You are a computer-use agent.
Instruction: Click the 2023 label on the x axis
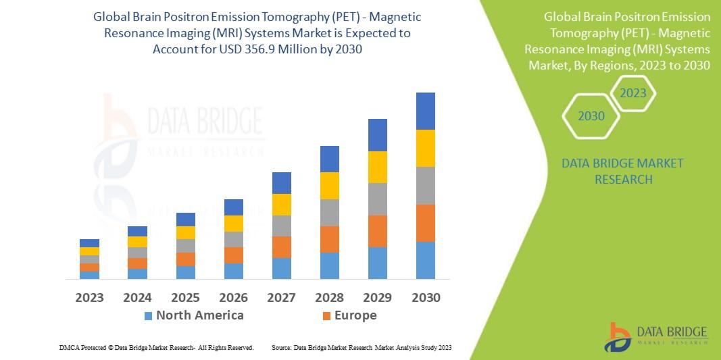pyautogui.click(x=89, y=297)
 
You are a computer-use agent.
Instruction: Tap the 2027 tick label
pyautogui.click(x=281, y=297)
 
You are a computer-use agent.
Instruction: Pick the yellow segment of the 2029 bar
pyautogui.click(x=377, y=167)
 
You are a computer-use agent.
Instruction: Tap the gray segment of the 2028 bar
pyautogui.click(x=329, y=212)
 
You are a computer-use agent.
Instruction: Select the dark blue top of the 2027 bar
pyautogui.click(x=281, y=183)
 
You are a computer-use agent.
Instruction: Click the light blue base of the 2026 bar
pyautogui.click(x=233, y=271)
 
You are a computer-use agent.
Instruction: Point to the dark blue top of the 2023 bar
pyautogui.click(x=89, y=243)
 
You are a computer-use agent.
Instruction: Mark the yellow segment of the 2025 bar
pyautogui.click(x=185, y=232)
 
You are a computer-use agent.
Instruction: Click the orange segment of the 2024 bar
pyautogui.click(x=137, y=263)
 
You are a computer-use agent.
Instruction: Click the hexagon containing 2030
pyautogui.click(x=591, y=116)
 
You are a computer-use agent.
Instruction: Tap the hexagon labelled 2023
pyautogui.click(x=633, y=93)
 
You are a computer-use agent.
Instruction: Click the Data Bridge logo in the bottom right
pyautogui.click(x=655, y=337)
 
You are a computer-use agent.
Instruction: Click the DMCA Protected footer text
pyautogui.click(x=156, y=347)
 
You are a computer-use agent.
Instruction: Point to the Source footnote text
pyautogui.click(x=361, y=347)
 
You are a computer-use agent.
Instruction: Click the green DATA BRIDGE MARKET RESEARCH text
pyautogui.click(x=622, y=171)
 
